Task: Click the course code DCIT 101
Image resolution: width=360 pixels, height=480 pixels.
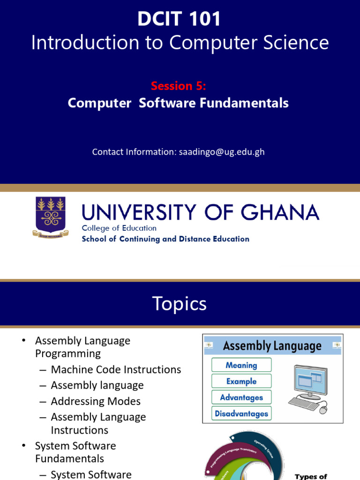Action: tap(180, 20)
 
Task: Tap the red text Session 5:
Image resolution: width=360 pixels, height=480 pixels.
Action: tap(179, 86)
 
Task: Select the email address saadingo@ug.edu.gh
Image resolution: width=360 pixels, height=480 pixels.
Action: tap(222, 152)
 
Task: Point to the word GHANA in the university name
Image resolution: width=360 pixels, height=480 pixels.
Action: tap(281, 213)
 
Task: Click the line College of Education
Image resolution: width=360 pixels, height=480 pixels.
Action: tap(119, 228)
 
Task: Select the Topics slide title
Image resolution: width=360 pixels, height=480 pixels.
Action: tap(180, 304)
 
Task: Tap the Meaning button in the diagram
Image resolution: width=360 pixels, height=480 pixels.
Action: tap(241, 365)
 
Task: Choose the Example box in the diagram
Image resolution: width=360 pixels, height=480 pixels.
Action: tap(241, 381)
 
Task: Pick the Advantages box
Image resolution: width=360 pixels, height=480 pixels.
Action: tap(241, 397)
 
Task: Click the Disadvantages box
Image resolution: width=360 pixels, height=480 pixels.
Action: tap(241, 413)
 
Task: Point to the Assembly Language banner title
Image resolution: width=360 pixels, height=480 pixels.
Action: tap(272, 346)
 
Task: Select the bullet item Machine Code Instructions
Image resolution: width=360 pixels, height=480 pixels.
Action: tap(116, 369)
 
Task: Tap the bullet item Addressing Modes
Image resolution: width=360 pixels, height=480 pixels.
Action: tap(96, 401)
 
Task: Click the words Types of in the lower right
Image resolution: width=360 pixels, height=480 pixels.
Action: tap(311, 477)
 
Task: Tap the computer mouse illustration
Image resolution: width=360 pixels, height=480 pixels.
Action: tap(323, 409)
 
